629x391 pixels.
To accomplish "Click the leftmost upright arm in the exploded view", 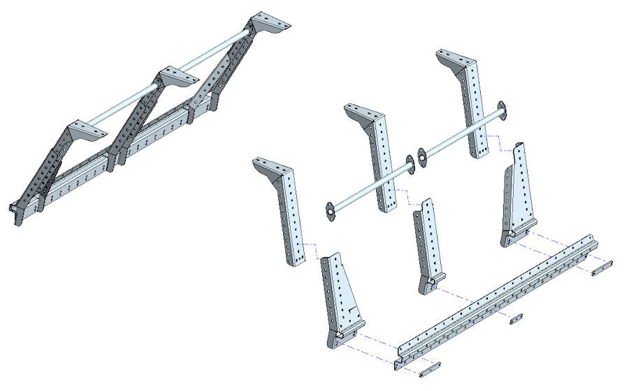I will point(289,216).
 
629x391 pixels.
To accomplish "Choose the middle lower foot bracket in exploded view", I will point(427,248).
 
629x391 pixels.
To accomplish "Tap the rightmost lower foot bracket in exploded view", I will point(518,195).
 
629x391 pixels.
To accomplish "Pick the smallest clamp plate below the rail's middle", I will point(516,318).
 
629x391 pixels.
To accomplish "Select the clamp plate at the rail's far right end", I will point(602,267).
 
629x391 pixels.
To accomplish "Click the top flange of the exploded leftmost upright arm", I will point(270,166).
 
